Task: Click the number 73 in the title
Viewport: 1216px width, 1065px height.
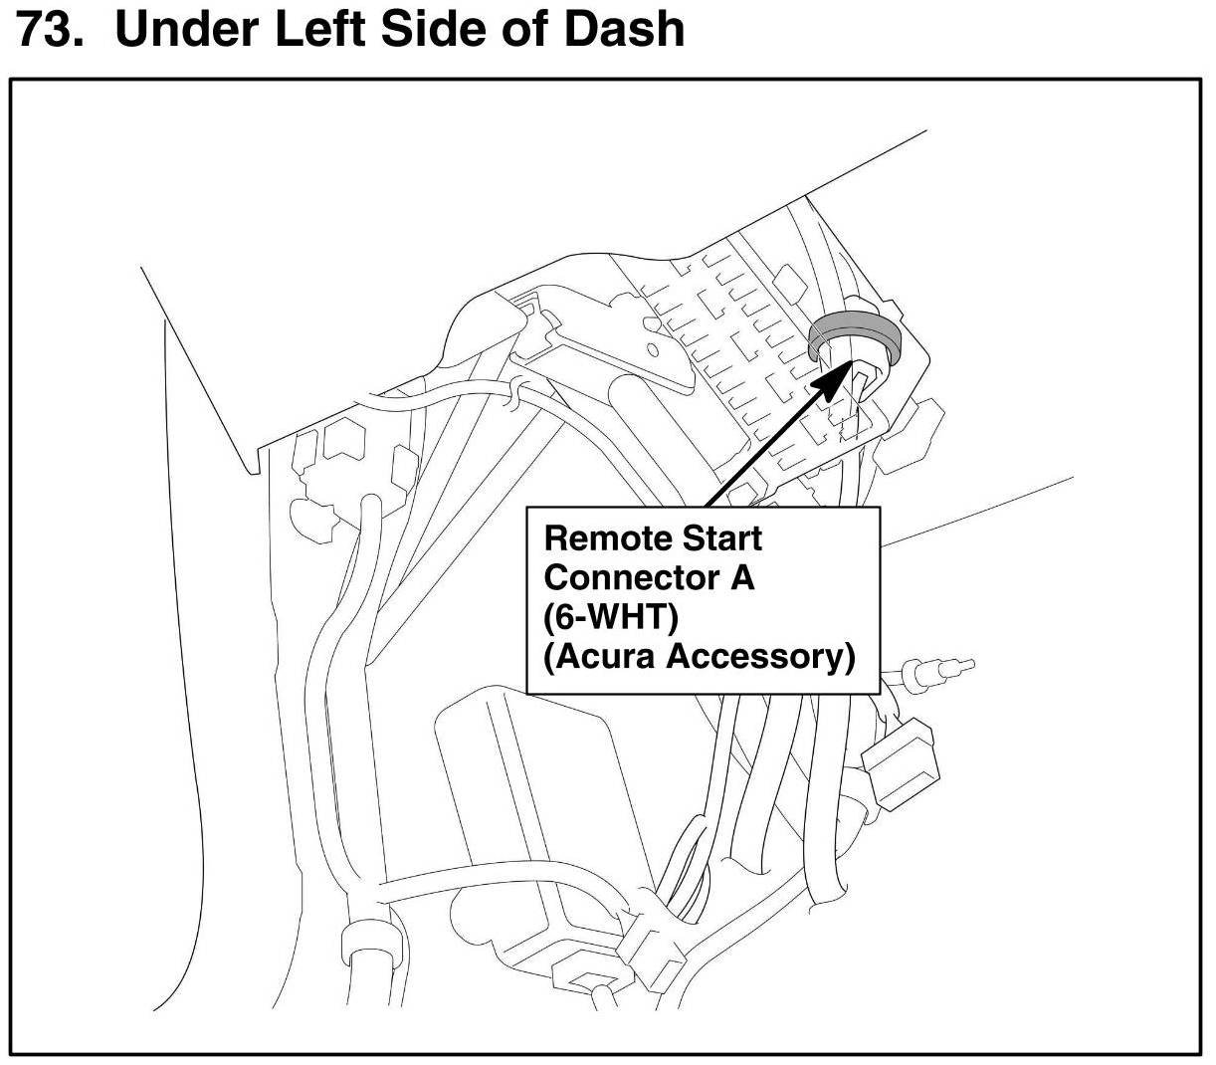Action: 48,30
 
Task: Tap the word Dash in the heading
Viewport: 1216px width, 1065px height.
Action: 624,30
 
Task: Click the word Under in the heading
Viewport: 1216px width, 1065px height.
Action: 186,30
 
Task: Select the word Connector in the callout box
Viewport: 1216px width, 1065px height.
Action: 627,577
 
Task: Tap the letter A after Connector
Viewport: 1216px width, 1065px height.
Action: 742,577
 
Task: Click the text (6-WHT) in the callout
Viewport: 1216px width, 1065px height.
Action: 610,617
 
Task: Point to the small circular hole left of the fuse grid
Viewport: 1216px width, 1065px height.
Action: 654,350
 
